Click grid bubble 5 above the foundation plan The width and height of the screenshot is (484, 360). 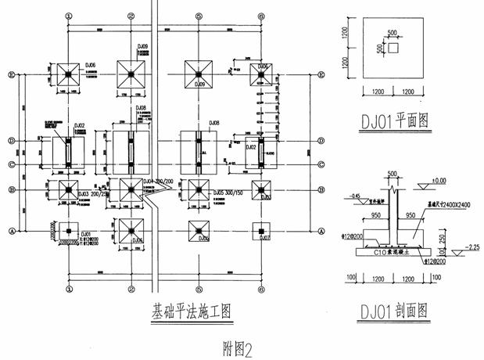tap(199, 16)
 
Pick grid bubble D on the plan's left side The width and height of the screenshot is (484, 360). tap(11, 141)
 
